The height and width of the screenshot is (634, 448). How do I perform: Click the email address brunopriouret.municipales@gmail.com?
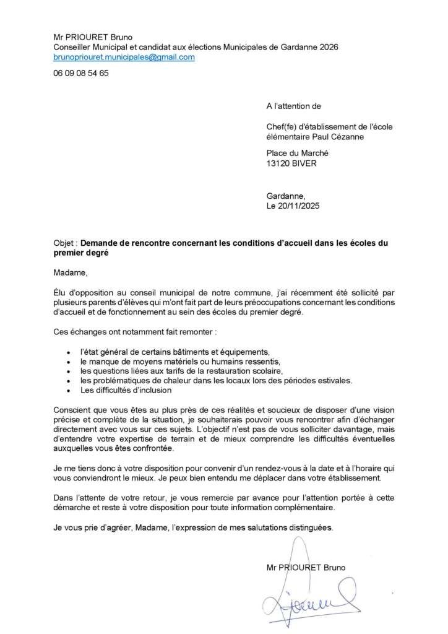pyautogui.click(x=124, y=57)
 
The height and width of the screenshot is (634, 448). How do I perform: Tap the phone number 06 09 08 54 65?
pyautogui.click(x=81, y=73)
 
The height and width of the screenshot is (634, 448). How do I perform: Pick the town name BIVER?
pyautogui.click(x=310, y=163)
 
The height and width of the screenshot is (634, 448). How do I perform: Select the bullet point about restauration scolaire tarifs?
pyautogui.click(x=182, y=371)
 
